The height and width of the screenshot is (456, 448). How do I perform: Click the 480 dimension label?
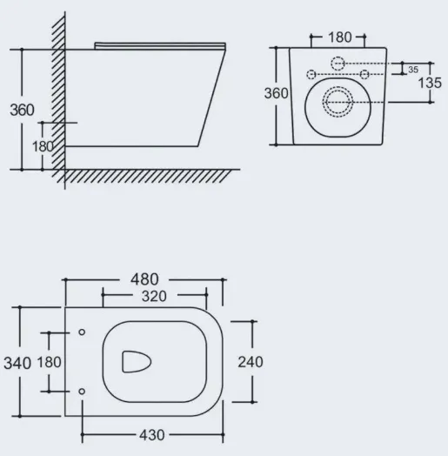click(144, 279)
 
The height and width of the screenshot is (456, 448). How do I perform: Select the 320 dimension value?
click(154, 297)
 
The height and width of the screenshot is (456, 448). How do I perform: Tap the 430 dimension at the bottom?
click(152, 435)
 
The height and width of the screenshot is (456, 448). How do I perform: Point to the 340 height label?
click(17, 363)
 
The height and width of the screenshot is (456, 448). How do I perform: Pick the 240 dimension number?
click(251, 362)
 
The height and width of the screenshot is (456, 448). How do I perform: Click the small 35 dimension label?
click(413, 70)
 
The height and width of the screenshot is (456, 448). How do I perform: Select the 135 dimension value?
click(430, 83)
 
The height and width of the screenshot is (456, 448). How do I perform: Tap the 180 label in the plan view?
click(49, 362)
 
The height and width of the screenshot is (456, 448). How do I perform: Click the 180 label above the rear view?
click(340, 37)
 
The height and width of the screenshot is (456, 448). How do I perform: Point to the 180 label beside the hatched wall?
click(43, 146)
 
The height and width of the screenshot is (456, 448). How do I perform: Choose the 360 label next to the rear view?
click(276, 93)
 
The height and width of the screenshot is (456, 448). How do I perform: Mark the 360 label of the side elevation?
click(22, 110)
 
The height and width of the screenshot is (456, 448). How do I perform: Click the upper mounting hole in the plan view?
click(82, 332)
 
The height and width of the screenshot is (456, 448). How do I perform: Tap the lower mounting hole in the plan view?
click(82, 392)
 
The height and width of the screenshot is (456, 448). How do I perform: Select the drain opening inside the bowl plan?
click(137, 362)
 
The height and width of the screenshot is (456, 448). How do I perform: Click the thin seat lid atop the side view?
click(160, 46)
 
